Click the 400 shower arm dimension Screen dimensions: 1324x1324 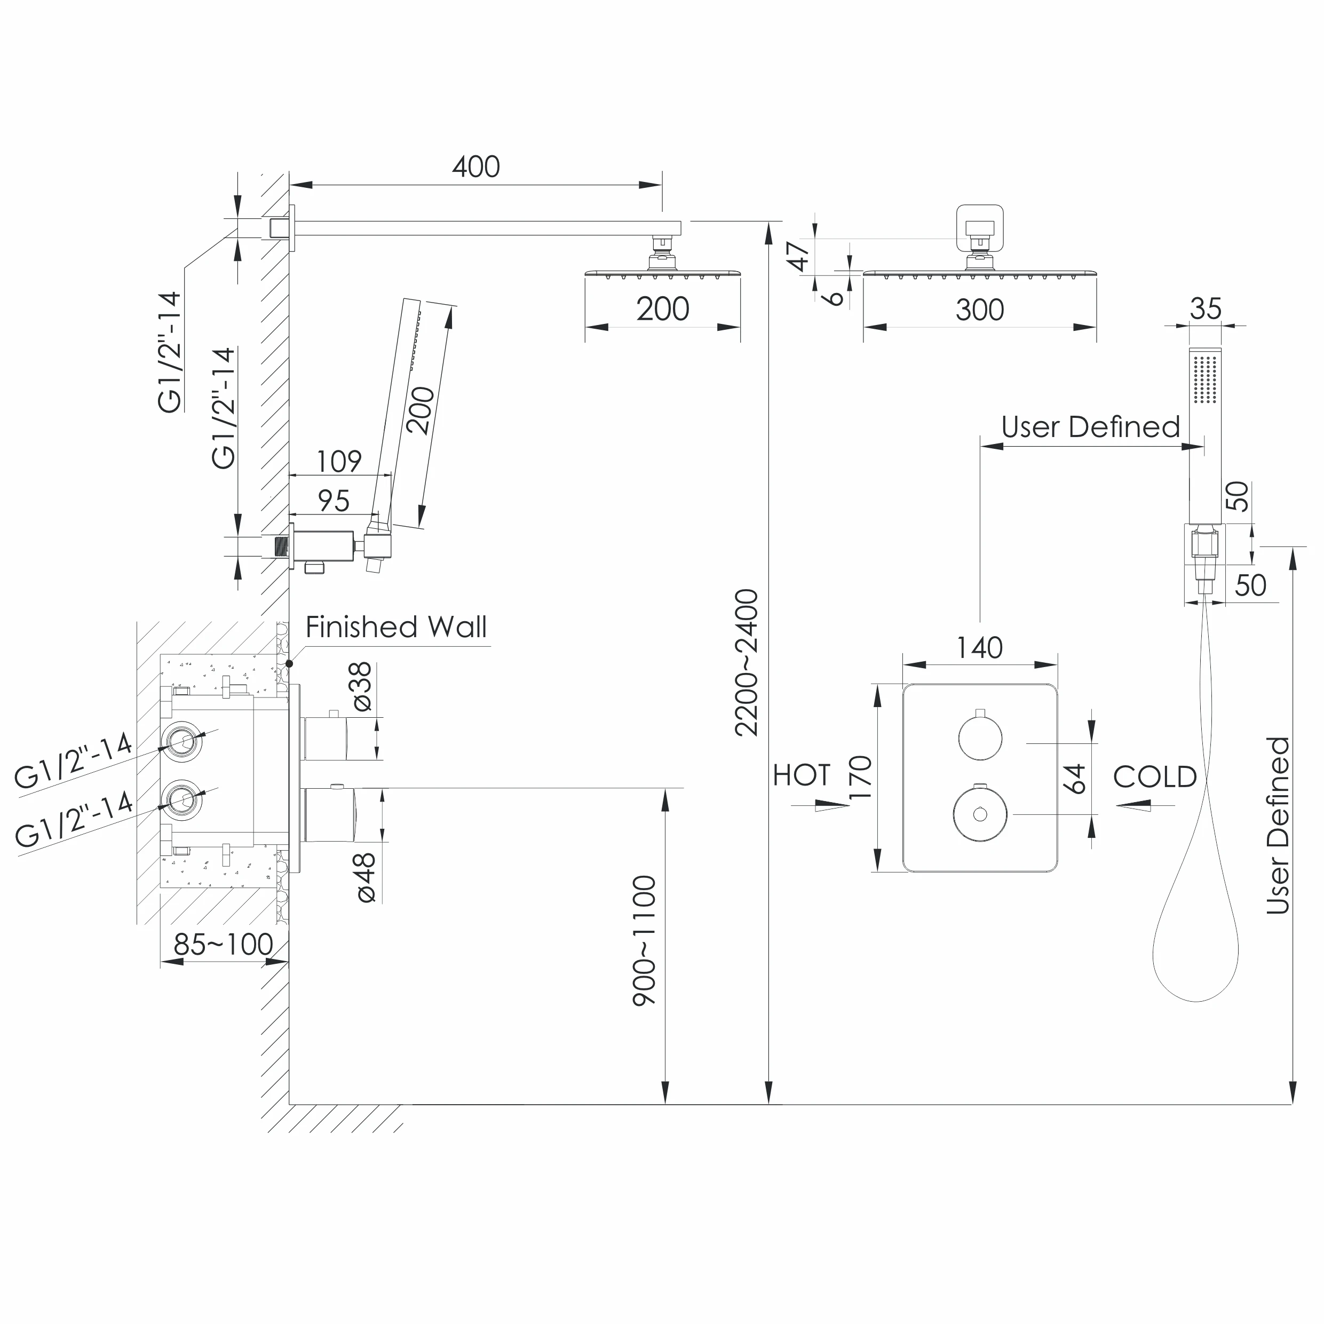(x=475, y=167)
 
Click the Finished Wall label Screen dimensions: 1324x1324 (x=396, y=627)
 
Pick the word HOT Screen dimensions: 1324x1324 (x=802, y=775)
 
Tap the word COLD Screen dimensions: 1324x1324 (x=1155, y=777)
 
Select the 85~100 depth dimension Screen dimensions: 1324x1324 (x=224, y=945)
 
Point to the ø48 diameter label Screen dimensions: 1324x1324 (x=365, y=878)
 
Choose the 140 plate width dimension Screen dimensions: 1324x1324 (x=980, y=648)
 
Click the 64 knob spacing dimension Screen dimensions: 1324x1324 (x=1077, y=779)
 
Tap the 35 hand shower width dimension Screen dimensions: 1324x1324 (x=1206, y=309)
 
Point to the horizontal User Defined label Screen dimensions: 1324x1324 (x=1090, y=427)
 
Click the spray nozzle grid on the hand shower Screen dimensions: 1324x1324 (x=1205, y=378)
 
